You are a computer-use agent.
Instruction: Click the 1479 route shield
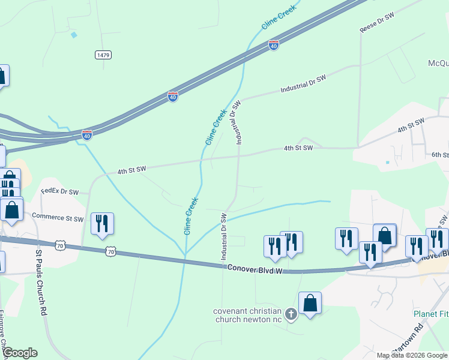pos(103,55)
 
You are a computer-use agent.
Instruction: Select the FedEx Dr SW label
pos(60,192)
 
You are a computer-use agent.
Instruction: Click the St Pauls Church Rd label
pos(41,284)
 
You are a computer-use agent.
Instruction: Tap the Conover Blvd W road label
pos(254,268)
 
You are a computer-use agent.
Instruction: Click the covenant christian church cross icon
pos(291,314)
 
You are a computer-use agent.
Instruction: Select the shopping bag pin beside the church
pos(310,303)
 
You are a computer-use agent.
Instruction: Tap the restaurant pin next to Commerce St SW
pos(101,223)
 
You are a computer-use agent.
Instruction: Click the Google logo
pos(20,353)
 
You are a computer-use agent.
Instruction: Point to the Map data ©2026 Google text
pos(412,355)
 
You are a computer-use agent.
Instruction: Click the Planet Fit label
pos(430,314)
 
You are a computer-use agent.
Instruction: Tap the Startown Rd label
pos(408,342)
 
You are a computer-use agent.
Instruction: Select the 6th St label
pos(440,155)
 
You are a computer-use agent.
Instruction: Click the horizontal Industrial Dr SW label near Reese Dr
pos(303,84)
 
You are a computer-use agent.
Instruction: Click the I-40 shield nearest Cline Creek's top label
pos(274,46)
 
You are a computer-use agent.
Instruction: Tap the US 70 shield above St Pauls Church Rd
pos(59,245)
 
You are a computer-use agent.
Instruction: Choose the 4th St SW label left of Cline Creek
pos(131,170)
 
